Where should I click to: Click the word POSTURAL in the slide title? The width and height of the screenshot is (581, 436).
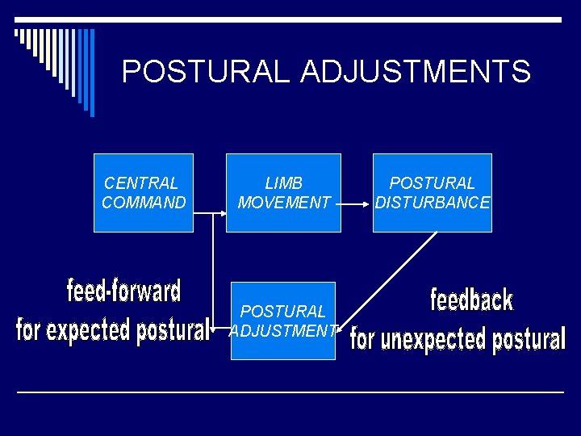(x=206, y=72)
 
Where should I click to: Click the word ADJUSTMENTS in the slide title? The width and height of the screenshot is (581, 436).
(x=416, y=72)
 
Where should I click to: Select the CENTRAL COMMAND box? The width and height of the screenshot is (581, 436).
(x=144, y=192)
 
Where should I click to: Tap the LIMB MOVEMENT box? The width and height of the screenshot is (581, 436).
(x=283, y=192)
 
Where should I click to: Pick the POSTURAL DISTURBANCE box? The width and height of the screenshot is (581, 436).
(x=432, y=192)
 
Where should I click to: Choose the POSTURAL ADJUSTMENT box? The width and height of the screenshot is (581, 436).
(x=283, y=321)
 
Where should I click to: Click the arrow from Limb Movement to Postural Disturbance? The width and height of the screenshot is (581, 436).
(x=353, y=205)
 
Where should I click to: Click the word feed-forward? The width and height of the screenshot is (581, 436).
(x=123, y=290)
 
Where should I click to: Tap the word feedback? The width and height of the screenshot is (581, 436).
(x=472, y=300)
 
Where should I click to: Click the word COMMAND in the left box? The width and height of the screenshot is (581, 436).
(x=144, y=203)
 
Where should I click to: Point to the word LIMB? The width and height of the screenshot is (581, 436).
(x=283, y=183)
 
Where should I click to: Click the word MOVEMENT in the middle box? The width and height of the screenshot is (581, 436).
(x=283, y=203)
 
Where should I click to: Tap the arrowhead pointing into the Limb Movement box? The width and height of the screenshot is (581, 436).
(x=222, y=214)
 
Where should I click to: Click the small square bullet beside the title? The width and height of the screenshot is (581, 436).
(x=18, y=33)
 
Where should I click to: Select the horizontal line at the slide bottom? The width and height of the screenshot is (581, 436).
(x=290, y=392)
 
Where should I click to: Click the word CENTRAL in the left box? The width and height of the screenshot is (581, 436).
(x=141, y=183)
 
